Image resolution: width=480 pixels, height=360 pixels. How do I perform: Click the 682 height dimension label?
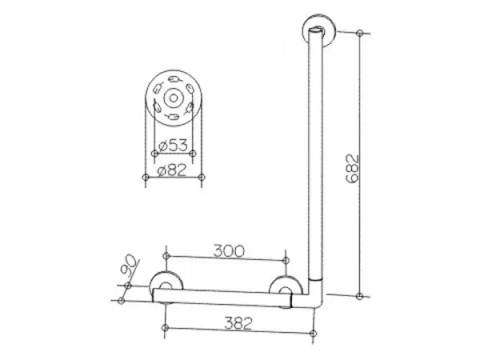point(352,168)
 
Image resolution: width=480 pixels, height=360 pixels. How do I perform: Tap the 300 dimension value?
point(229,251)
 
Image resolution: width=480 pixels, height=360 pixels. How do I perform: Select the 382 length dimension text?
point(238,323)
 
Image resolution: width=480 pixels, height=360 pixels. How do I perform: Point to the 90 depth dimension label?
point(128,264)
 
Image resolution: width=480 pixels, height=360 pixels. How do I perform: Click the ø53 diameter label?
point(173,145)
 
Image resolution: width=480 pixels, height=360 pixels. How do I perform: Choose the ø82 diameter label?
point(172,170)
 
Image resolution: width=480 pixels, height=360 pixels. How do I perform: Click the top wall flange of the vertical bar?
point(319,31)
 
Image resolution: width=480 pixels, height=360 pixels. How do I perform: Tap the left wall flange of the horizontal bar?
point(166,287)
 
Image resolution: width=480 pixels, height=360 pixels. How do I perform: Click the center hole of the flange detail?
point(173,98)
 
